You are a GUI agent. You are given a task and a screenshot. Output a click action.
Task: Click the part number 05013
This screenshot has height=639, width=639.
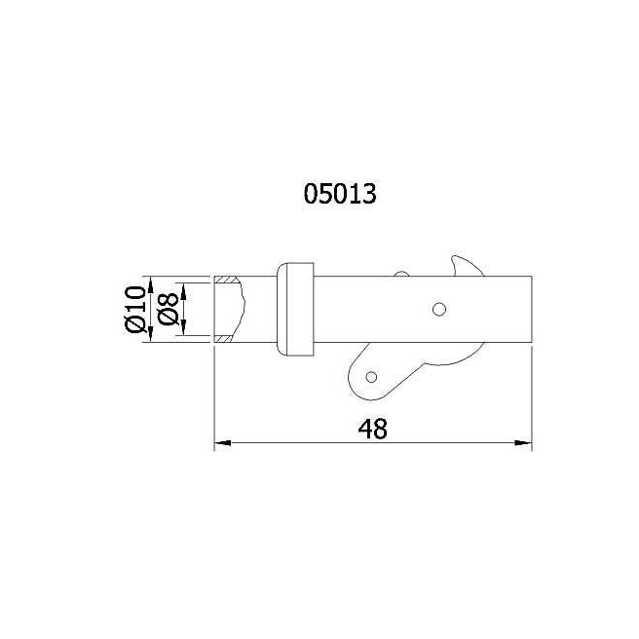(340, 194)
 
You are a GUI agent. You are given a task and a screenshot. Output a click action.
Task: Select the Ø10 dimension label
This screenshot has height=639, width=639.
(135, 310)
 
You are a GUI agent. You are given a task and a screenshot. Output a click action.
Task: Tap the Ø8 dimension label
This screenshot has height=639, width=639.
(168, 310)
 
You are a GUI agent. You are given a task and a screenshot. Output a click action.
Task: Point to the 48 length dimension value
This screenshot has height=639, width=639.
(372, 429)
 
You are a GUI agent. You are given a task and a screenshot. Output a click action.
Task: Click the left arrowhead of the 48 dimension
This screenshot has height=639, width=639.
(222, 442)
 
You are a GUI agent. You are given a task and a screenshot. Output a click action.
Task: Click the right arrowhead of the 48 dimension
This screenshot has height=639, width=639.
(524, 442)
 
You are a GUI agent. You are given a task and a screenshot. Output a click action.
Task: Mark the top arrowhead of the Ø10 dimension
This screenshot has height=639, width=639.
(151, 284)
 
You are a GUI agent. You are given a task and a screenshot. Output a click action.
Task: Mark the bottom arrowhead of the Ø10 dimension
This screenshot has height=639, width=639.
(151, 334)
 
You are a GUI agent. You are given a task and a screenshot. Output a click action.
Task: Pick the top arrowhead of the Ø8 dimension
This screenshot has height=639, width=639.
(183, 291)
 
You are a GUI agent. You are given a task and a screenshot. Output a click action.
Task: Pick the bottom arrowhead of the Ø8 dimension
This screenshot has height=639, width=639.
(183, 327)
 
